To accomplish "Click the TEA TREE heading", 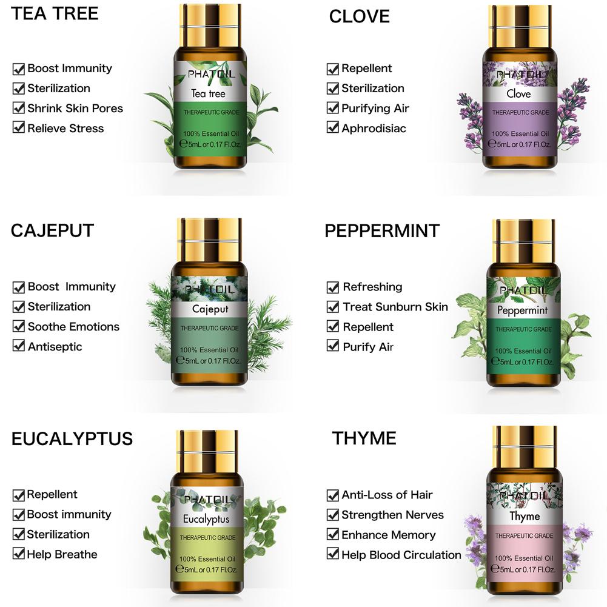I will pos(54,14).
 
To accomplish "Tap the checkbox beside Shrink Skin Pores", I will pos(19,109).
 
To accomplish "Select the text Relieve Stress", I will pos(65,129).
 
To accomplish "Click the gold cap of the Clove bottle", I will pos(519,24).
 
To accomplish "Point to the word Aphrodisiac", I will pos(374,129).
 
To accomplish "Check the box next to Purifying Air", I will pos(333,109).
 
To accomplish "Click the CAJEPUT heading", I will pos(52,230).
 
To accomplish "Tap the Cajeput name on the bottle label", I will pos(210,310).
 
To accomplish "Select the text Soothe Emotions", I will pos(73,327).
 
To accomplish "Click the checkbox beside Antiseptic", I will pos(19,347).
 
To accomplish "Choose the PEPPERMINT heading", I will pos(382,230).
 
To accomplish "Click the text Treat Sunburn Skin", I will pos(395,307).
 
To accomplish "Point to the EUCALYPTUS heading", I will pos(72,438).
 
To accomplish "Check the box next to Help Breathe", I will pos(19,554).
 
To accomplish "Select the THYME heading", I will pos(364,438).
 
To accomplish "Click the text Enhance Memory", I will pos(388,535).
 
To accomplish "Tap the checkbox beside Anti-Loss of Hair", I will pos(333,495).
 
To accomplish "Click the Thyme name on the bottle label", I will pos(525,517).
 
